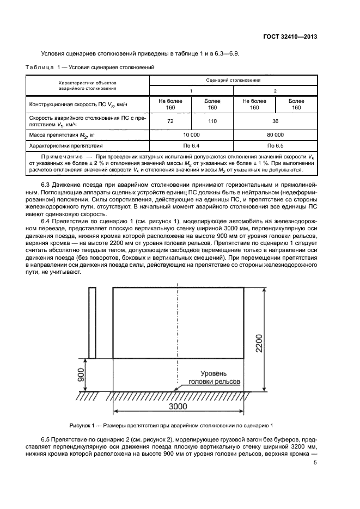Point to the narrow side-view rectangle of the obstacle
coord(92,323)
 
